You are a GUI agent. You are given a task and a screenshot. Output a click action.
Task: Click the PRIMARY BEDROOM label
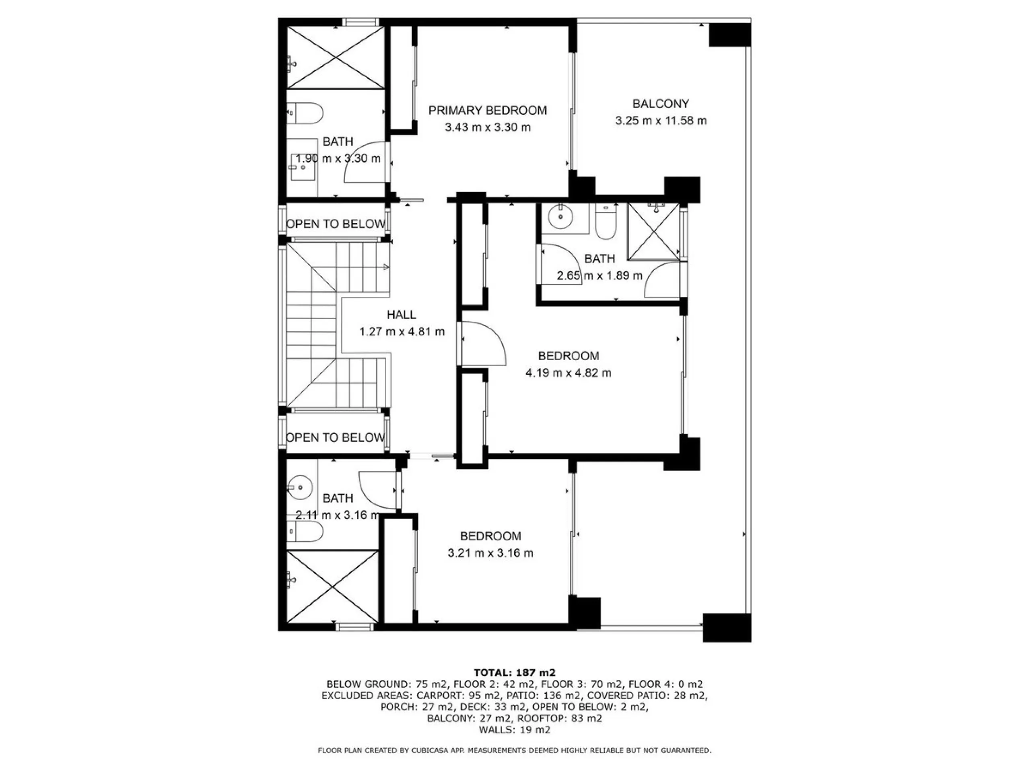[x=488, y=111]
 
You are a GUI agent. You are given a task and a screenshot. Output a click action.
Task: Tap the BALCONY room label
[x=661, y=104]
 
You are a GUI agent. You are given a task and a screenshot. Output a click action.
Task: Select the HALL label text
[x=402, y=315]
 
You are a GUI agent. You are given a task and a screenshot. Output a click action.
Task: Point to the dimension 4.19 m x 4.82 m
[x=569, y=373]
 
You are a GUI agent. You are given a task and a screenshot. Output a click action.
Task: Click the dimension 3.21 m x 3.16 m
[x=491, y=553]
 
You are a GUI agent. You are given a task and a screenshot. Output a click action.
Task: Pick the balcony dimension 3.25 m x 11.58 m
[x=661, y=121]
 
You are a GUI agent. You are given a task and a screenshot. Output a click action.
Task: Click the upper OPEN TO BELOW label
[x=336, y=224]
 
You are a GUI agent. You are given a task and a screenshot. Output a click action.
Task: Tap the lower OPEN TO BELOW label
[x=335, y=438]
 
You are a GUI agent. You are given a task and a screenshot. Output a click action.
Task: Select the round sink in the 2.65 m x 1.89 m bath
[x=560, y=216]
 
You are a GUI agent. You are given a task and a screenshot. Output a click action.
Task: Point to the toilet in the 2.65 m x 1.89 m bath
[x=606, y=222]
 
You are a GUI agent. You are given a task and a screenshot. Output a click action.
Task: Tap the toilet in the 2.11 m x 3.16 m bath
[x=305, y=532]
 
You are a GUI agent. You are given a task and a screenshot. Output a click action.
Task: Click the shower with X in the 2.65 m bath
[x=653, y=231]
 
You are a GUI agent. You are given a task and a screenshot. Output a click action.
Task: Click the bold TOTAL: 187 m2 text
[x=515, y=672]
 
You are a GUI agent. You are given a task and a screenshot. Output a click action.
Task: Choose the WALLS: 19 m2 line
[x=515, y=730]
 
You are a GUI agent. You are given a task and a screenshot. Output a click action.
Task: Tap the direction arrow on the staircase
[x=385, y=267]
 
